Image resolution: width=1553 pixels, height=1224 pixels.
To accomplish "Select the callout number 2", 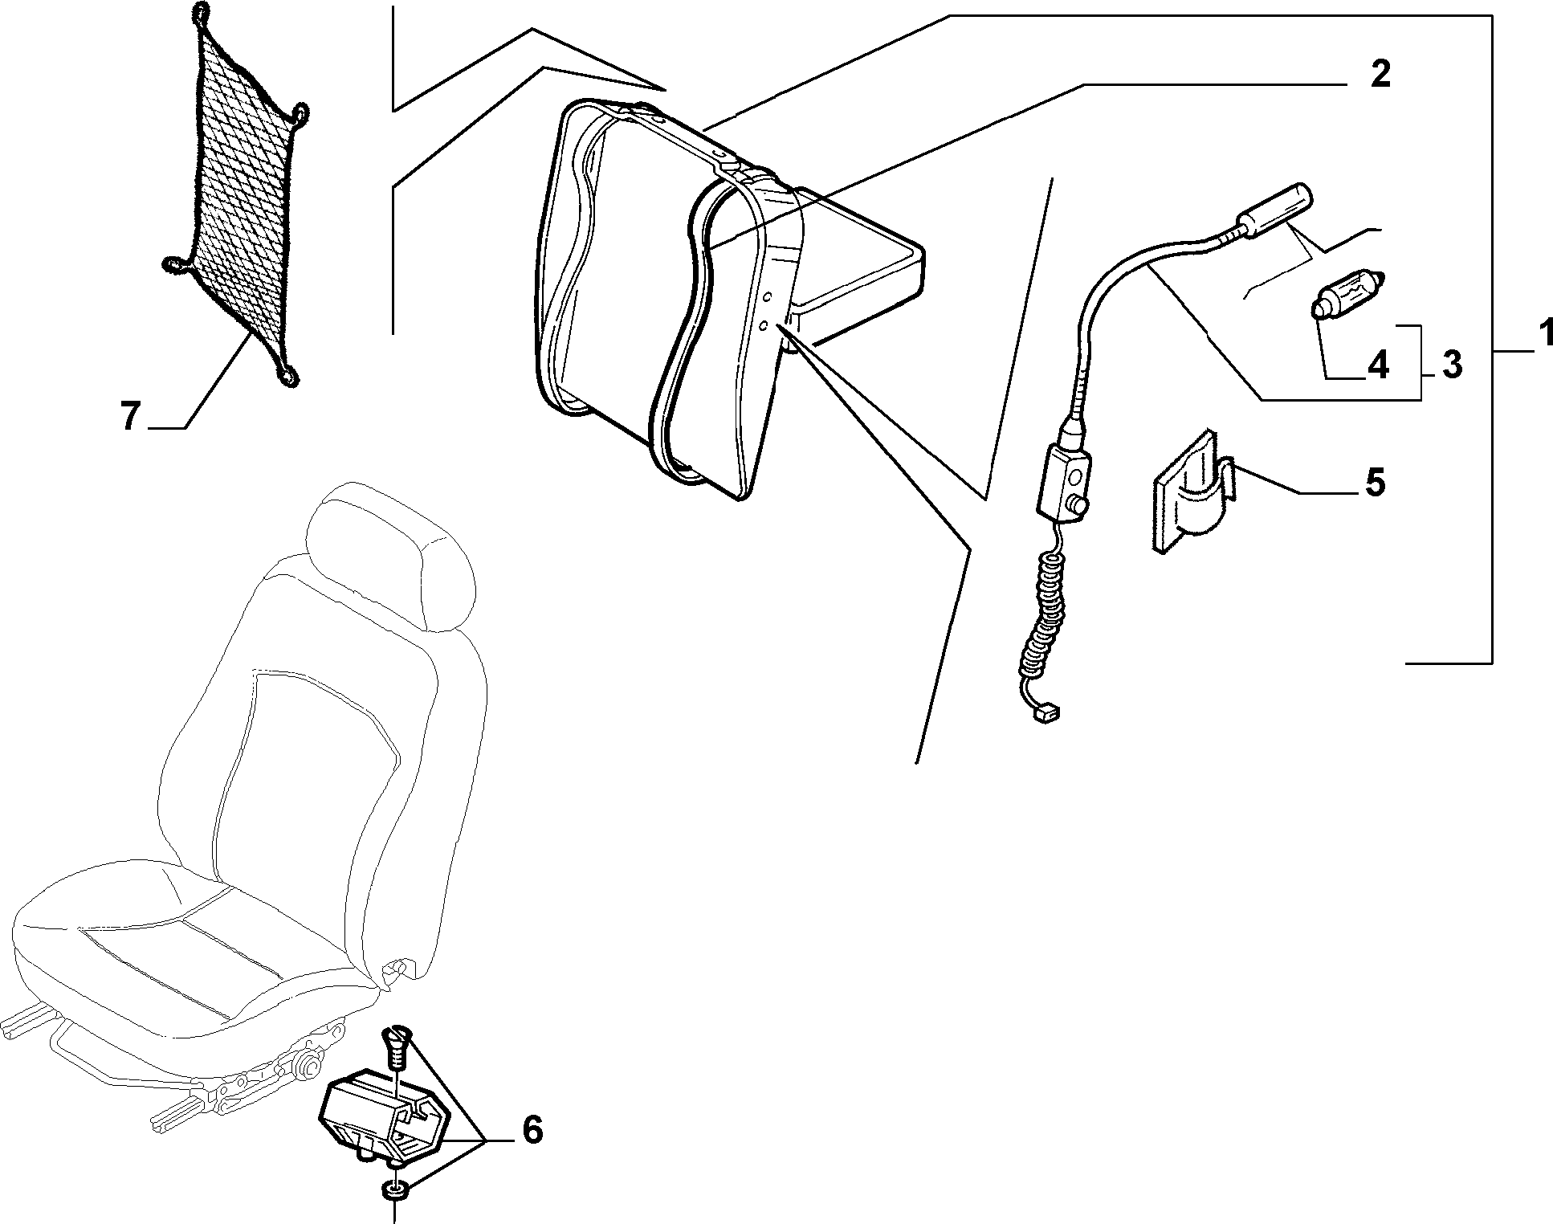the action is pyautogui.click(x=1379, y=75).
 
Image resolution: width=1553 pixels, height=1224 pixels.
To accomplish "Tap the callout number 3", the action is pyautogui.click(x=1451, y=365).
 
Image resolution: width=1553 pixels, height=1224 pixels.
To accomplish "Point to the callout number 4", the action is pyautogui.click(x=1377, y=365).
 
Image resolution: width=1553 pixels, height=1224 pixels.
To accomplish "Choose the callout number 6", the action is pyautogui.click(x=532, y=1129).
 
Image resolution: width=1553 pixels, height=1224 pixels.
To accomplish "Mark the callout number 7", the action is pyautogui.click(x=132, y=417).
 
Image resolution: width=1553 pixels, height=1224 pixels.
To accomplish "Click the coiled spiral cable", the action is pyautogui.click(x=1044, y=610).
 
